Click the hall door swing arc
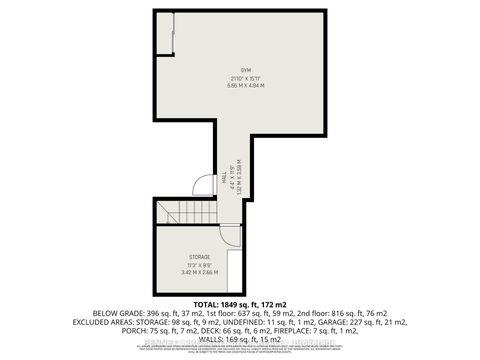(x=203, y=184)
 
